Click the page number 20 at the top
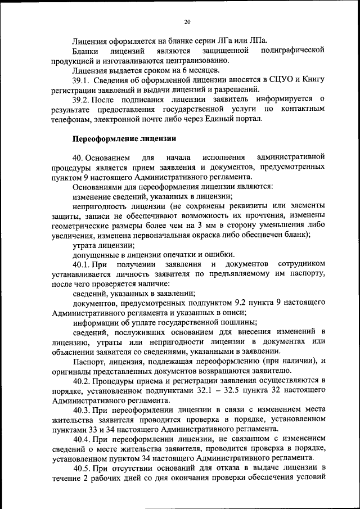pos(187,21)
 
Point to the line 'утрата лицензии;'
pos(103,245)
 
